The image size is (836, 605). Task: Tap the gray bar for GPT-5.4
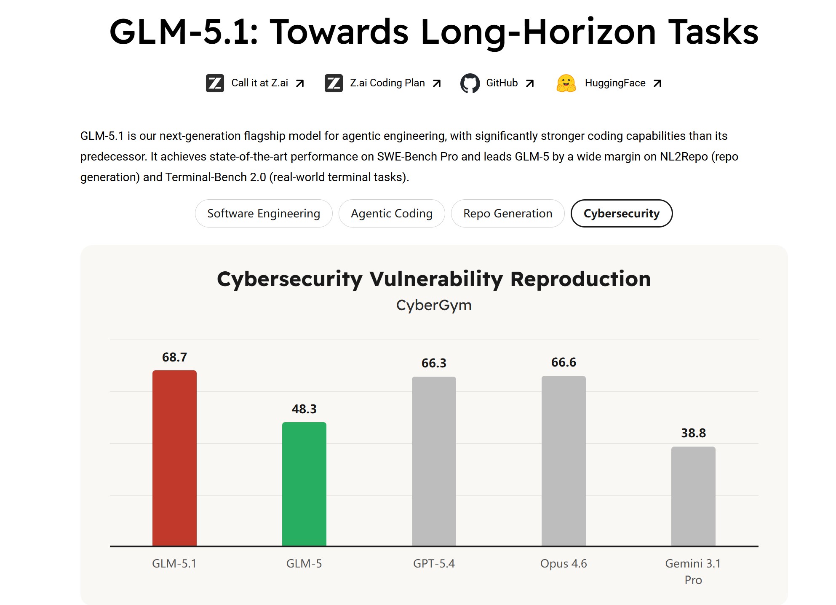pyautogui.click(x=434, y=461)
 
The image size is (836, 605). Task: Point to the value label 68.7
pyautogui.click(x=174, y=357)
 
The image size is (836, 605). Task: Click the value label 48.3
pyautogui.click(x=304, y=409)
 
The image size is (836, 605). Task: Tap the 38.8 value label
pyautogui.click(x=693, y=433)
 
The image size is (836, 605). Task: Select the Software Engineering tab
pyautogui.click(x=264, y=214)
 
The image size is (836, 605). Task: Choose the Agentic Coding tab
pyautogui.click(x=392, y=214)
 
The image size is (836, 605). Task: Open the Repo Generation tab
pyautogui.click(x=507, y=214)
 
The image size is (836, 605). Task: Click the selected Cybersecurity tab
pyautogui.click(x=621, y=214)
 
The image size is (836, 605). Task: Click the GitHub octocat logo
pyautogui.click(x=470, y=83)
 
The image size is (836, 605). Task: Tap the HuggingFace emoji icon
pyautogui.click(x=566, y=83)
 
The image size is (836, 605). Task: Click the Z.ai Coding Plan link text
pyautogui.click(x=387, y=83)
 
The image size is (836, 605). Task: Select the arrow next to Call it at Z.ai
pyautogui.click(x=300, y=83)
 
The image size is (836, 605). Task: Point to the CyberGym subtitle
pyautogui.click(x=434, y=305)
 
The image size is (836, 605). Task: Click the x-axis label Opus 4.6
pyautogui.click(x=564, y=564)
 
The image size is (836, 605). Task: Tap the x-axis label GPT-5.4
pyautogui.click(x=434, y=564)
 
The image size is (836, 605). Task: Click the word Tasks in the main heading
pyautogui.click(x=713, y=32)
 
